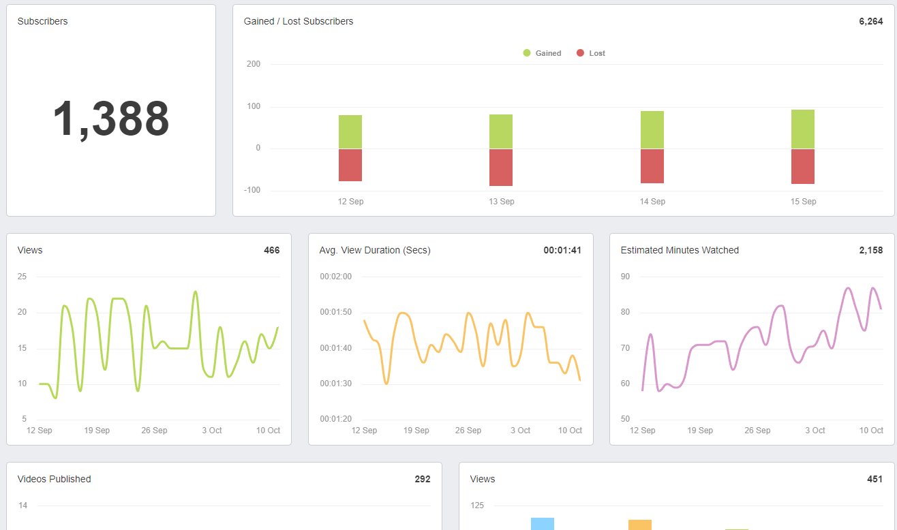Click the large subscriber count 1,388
coord(111,119)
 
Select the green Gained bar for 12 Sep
coord(350,131)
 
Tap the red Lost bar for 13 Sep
coord(501,167)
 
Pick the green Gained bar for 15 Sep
coord(803,129)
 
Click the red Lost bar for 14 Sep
coord(652,166)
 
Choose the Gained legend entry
coord(543,53)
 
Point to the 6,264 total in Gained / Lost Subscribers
coord(870,21)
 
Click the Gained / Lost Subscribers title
coord(299,21)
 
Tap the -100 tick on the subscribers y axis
coord(252,190)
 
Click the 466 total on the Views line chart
coord(271,250)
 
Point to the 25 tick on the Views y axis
coord(22,277)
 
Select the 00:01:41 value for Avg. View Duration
coord(562,250)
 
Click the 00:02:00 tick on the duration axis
coord(335,277)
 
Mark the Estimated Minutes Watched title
coord(680,250)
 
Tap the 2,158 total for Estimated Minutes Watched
coord(870,250)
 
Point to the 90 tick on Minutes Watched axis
coord(625,277)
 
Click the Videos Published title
coord(54,479)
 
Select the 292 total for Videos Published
coord(423,479)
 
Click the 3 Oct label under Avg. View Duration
coord(520,431)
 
